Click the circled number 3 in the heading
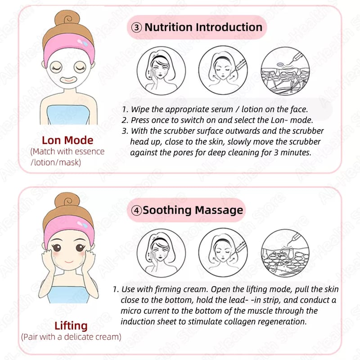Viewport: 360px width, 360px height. pos(136,27)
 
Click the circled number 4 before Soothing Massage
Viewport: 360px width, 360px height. pos(136,210)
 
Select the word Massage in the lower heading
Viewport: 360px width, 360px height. pos(219,210)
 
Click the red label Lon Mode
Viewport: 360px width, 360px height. pos(67,140)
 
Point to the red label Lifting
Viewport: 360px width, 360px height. pos(71,326)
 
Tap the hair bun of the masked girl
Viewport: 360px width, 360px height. pos(67,18)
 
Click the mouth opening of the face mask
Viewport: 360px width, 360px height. pos(68,80)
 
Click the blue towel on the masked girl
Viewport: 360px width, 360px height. pos(68,115)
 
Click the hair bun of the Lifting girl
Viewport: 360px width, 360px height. pos(67,200)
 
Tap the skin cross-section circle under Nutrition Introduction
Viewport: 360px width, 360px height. pos(285,71)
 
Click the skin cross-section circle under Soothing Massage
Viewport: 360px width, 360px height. pos(285,253)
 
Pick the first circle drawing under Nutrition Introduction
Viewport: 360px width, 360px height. pos(161,71)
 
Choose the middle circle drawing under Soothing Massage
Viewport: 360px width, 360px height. pos(223,252)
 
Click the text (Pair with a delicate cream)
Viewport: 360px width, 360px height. pos(71,337)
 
